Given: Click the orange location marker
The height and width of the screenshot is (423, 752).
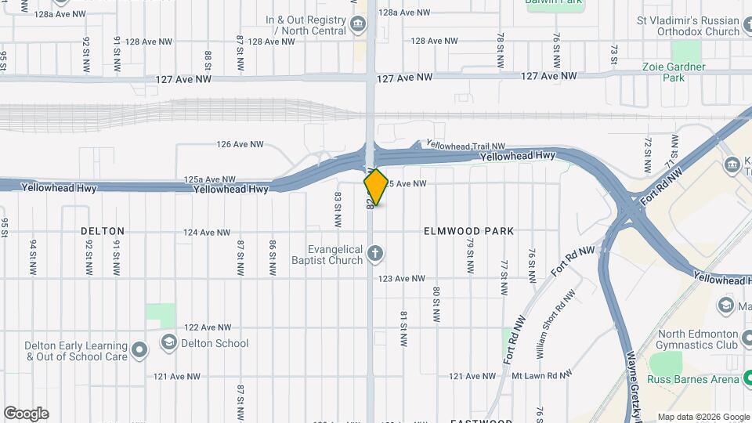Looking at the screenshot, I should (x=376, y=187).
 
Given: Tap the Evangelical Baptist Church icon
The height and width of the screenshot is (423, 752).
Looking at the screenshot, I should (x=375, y=253).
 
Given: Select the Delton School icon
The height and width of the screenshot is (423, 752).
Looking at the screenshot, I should (x=168, y=342).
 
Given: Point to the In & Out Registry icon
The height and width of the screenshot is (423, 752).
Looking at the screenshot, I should (x=358, y=23).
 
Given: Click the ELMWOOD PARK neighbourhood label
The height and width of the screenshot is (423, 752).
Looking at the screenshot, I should (x=468, y=231).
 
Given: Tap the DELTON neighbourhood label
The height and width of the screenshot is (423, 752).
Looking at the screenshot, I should (x=103, y=231).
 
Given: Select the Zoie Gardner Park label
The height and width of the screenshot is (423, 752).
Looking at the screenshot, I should (x=674, y=72).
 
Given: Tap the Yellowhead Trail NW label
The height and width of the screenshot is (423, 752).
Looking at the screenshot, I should (x=465, y=146).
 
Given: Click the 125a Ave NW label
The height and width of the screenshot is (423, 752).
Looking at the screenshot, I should (x=210, y=179).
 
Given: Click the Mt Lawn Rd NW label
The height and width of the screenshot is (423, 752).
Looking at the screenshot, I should (x=540, y=376).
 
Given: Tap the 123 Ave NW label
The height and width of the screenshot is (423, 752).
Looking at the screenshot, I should (x=401, y=279).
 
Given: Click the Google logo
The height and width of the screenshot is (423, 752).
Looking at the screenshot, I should (x=26, y=413).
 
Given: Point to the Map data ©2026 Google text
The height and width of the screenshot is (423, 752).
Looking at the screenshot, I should (x=703, y=417).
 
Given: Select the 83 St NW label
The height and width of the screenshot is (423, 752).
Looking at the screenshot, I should (x=338, y=205).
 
